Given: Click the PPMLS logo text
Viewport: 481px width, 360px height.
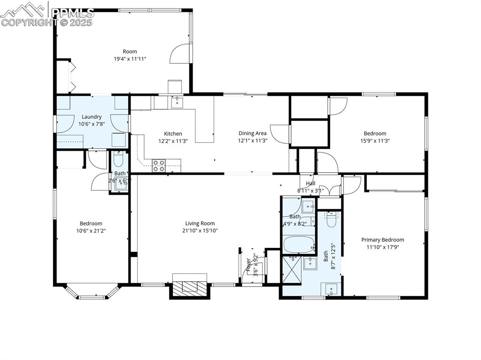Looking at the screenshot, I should [72, 13].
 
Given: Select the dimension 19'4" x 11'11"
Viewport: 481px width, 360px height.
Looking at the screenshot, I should [130, 59].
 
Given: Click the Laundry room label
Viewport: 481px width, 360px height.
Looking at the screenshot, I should [92, 117].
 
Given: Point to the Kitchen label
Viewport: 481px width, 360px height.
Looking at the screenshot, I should [173, 134].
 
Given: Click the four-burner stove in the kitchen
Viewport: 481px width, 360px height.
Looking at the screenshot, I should [159, 165].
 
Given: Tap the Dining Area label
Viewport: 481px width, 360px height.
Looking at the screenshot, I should [253, 134].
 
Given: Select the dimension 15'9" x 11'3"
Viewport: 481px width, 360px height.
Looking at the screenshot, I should [375, 140].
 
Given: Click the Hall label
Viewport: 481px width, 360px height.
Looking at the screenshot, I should [310, 184].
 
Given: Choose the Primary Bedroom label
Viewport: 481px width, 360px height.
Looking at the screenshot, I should [382, 240].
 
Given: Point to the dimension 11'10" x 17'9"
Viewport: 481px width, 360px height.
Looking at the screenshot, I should [382, 247].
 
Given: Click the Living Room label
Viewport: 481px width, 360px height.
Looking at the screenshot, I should [200, 224].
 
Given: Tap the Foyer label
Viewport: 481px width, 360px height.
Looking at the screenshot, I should [249, 265].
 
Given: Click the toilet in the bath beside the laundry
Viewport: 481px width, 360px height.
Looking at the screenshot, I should [119, 161].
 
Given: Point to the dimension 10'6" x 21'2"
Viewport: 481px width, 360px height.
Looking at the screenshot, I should [91, 230].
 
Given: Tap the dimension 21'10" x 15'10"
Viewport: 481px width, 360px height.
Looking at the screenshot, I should [200, 230].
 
